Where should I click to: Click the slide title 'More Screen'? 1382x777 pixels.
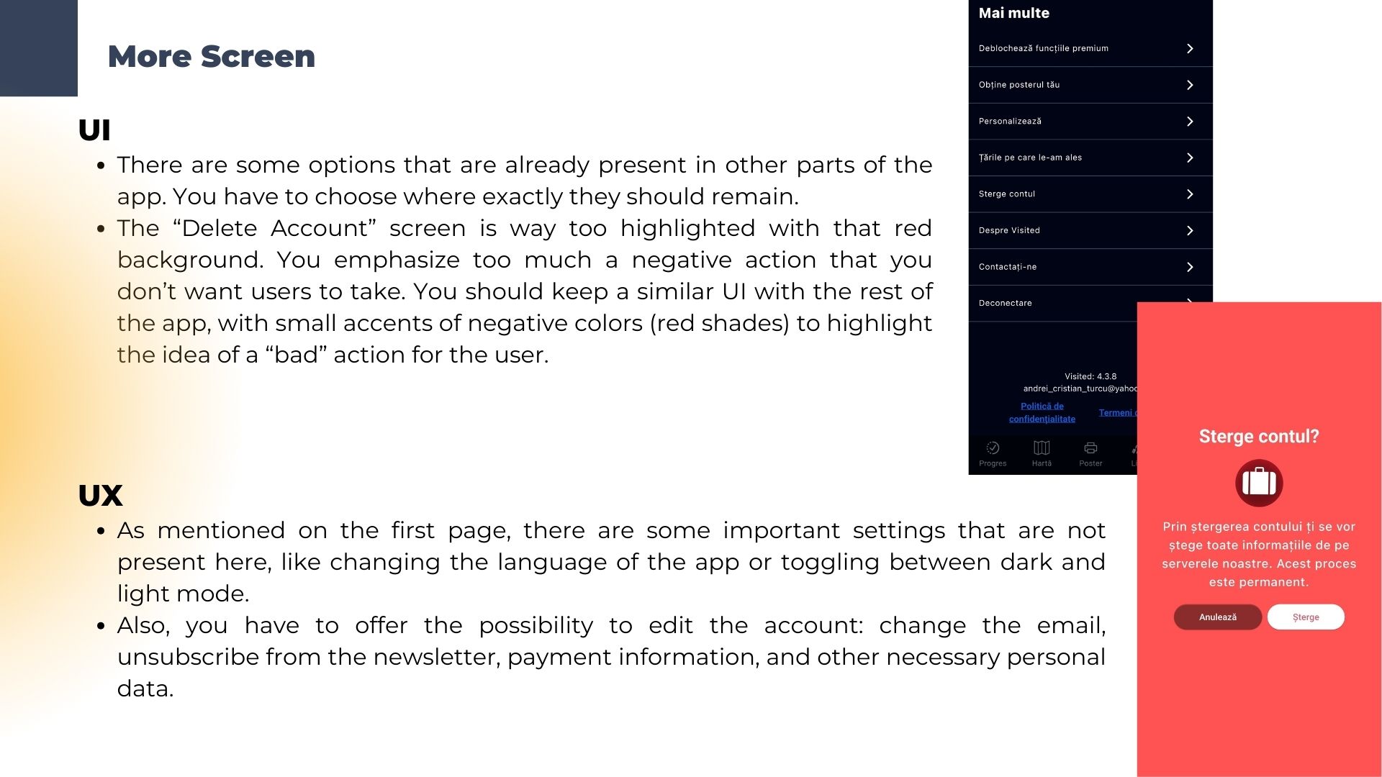pos(211,56)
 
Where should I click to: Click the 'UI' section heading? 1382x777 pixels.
pos(94,130)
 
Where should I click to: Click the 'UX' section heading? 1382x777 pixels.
pos(100,496)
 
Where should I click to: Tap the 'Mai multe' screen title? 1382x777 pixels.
pos(1013,13)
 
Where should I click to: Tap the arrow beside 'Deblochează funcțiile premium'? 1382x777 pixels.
pos(1190,48)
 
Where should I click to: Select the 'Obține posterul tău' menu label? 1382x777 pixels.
pos(1019,85)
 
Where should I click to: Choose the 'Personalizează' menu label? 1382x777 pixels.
pos(1010,121)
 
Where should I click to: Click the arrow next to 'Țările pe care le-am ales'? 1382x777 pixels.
pos(1190,158)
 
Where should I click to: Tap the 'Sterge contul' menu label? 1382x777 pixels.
pos(1006,194)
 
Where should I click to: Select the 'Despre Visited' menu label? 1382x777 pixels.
pos(1009,230)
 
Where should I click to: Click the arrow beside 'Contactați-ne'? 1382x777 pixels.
pos(1190,267)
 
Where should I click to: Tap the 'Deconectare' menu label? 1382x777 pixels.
pos(1005,303)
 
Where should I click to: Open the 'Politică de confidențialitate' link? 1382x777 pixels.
pos(1042,412)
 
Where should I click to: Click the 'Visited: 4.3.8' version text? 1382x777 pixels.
pos(1090,376)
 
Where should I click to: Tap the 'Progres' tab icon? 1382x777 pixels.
pos(993,448)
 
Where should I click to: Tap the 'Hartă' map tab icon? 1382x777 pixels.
pos(1042,448)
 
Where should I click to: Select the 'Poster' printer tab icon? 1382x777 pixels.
pos(1090,448)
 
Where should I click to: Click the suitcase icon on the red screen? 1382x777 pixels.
pos(1259,483)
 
